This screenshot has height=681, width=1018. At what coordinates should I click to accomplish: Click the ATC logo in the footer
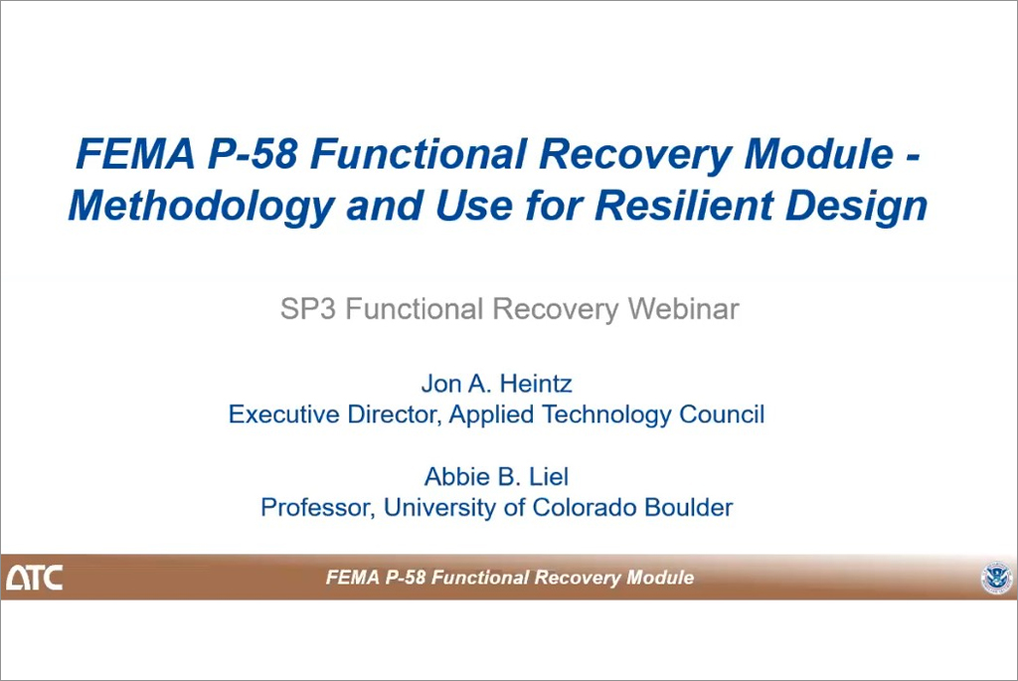pos(35,578)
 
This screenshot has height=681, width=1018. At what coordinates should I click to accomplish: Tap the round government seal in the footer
pos(996,578)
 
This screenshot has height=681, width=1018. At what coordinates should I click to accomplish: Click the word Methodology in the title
pos(201,207)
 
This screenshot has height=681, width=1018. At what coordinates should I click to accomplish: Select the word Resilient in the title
pos(684,205)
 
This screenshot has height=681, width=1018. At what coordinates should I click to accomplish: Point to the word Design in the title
pos(856,207)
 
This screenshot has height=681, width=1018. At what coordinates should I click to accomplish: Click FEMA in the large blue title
pos(135,154)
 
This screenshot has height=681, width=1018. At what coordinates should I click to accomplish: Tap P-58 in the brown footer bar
pos(406,578)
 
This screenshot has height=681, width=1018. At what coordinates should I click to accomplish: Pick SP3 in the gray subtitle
pos(308,309)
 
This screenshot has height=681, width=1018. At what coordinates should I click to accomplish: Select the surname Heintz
pos(536,384)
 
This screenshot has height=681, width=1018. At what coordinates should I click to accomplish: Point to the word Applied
pos(491,415)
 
